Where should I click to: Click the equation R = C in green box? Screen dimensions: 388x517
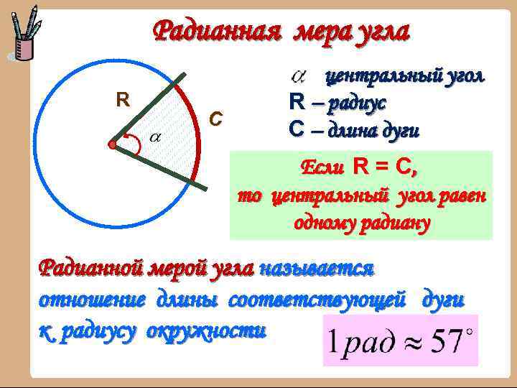tap(385, 167)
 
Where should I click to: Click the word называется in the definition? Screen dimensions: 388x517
tap(317, 268)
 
